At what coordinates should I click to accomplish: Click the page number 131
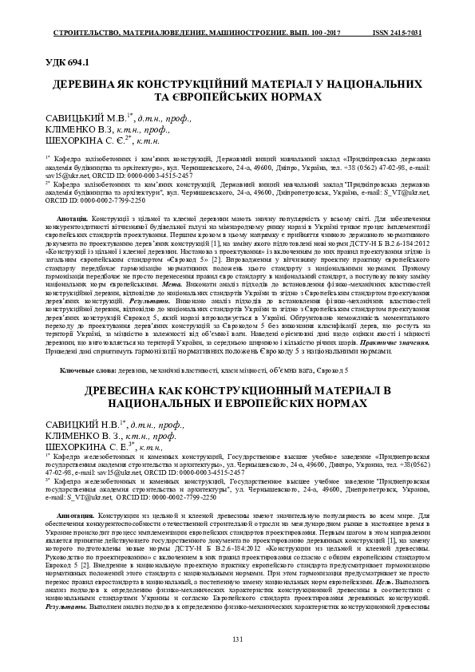pyautogui.click(x=236, y=641)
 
